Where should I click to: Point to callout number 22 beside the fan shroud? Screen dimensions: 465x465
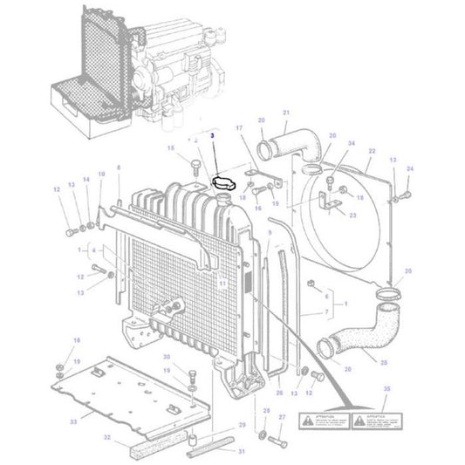point(371,151)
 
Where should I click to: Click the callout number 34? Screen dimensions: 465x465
point(352,143)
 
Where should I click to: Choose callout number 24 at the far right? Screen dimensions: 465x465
point(411,168)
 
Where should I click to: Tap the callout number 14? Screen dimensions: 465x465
point(85,181)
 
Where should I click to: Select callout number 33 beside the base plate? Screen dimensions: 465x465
point(73,421)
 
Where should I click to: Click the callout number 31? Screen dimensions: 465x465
point(243,451)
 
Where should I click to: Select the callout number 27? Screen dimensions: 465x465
point(282,418)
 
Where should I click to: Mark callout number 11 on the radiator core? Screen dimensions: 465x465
point(223,284)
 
